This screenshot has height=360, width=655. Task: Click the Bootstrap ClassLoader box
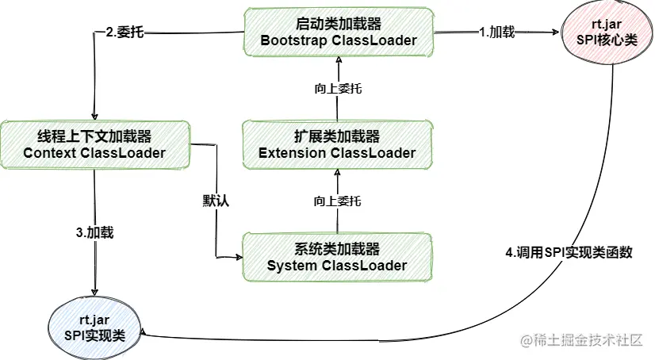[339, 33]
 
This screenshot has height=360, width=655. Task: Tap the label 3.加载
[94, 233]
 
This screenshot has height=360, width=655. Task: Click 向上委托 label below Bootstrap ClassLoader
[338, 89]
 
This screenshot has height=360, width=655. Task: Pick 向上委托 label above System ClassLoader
[338, 201]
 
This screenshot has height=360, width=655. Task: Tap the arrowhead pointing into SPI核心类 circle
[554, 33]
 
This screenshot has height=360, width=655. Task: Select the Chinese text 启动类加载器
[339, 24]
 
